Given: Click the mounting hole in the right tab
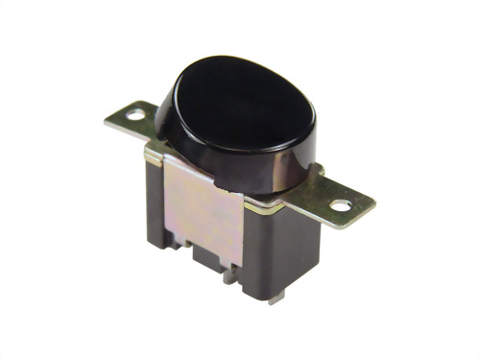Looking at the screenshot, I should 341,204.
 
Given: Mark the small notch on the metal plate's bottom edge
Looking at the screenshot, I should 192,252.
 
